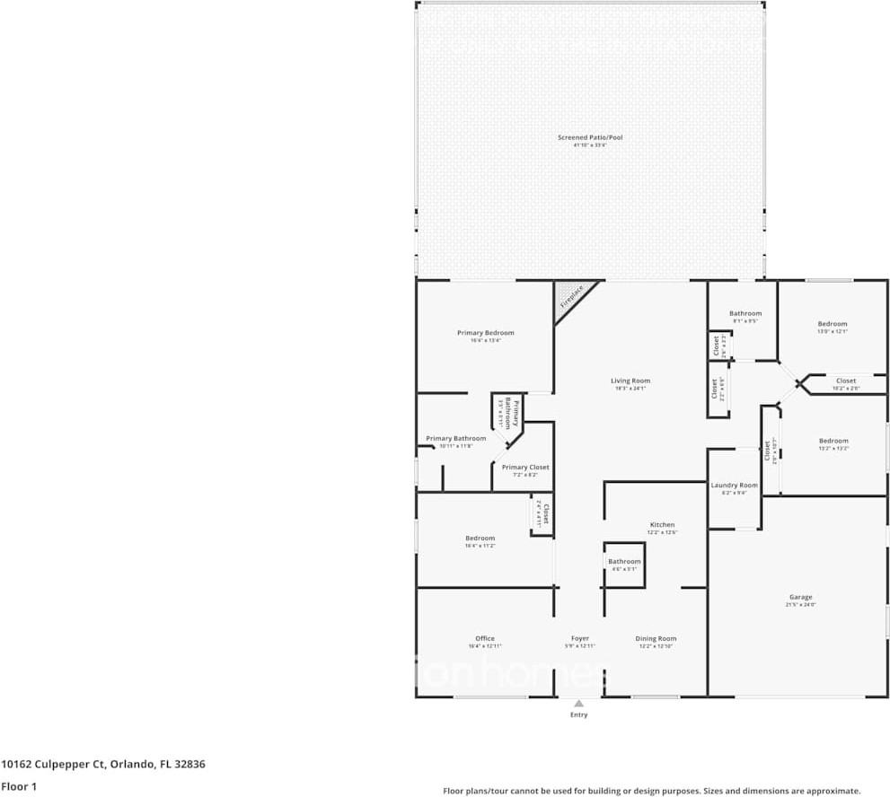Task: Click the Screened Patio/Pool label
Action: (x=589, y=137)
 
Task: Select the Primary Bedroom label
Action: (x=485, y=333)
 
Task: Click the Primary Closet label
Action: (x=525, y=467)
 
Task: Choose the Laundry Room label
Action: (x=734, y=485)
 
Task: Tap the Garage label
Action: (x=800, y=597)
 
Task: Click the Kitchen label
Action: (x=662, y=525)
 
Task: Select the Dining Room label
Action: (x=656, y=639)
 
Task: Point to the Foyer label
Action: (x=579, y=639)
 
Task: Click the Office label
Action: (x=485, y=639)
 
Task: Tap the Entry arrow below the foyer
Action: (x=579, y=704)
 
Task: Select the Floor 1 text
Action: (x=19, y=786)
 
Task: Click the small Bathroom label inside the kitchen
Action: (x=624, y=562)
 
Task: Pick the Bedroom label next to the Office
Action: (x=480, y=539)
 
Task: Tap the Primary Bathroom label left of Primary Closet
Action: (x=456, y=439)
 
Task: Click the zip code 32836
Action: (x=191, y=765)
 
